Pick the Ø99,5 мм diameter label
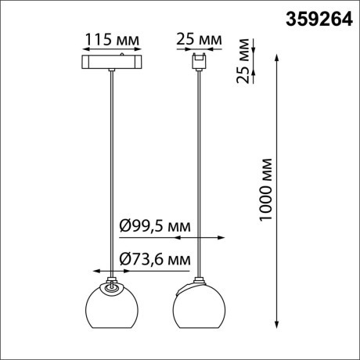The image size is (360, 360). tap(155, 226)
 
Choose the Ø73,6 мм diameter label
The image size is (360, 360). tap(155, 257)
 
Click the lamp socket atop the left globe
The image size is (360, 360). tap(111, 283)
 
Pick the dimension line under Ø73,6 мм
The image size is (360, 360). tap(141, 267)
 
